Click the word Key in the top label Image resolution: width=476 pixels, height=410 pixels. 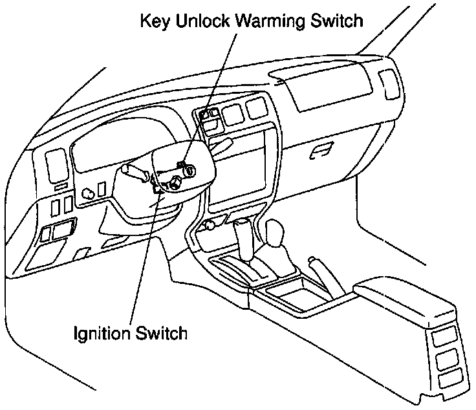pos(155,21)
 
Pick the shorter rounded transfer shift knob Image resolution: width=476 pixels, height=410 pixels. pos(276,236)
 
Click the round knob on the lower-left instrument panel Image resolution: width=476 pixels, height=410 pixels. pos(88,191)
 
